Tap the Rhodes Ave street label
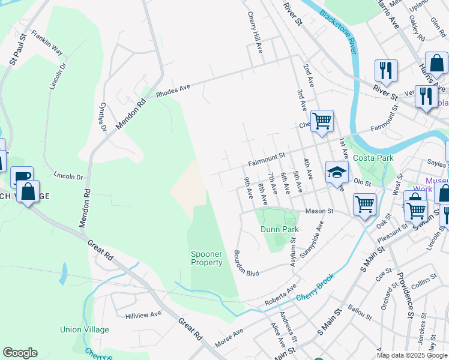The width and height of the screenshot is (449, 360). tap(173, 90)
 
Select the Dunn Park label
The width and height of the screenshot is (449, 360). tap(279, 229)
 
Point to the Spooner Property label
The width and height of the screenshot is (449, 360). tap(206, 258)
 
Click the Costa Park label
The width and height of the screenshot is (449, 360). tap(373, 158)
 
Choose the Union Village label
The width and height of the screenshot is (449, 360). tap(85, 329)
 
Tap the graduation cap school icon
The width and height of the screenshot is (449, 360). tap(337, 172)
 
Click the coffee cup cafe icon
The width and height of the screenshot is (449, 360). tap(22, 176)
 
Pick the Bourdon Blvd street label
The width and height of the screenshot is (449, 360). tap(246, 263)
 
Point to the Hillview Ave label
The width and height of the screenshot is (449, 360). tap(143, 314)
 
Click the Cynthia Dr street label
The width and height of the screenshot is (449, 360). tap(103, 117)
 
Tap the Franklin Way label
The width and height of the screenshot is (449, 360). tap(47, 43)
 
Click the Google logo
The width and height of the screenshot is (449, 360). tap(20, 353)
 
